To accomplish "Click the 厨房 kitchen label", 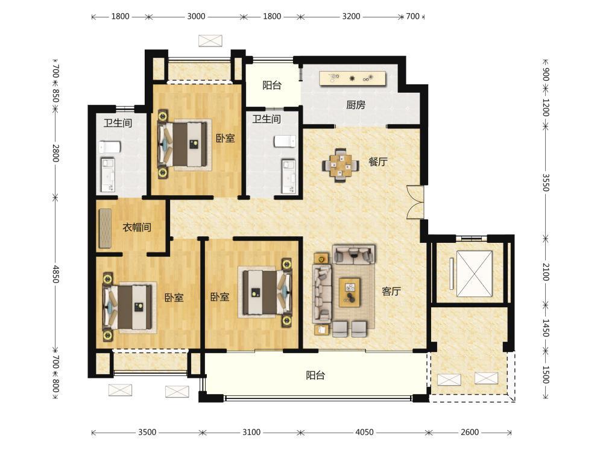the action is click(x=355, y=104).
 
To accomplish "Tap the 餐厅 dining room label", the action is click(x=378, y=162).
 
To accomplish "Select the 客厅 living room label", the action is click(x=391, y=291).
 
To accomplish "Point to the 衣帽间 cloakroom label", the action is click(x=136, y=227).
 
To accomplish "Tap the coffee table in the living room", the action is click(x=350, y=292).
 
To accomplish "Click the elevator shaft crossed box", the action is click(x=474, y=274).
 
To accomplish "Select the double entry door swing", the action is click(x=415, y=202).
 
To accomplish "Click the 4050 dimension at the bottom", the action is click(x=364, y=432).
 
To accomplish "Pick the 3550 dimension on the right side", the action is click(x=546, y=182).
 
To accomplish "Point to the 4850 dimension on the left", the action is click(x=55, y=274).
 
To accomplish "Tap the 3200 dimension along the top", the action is click(x=351, y=16).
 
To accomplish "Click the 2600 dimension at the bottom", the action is click(x=470, y=432).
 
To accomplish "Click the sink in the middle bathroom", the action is click(x=289, y=177).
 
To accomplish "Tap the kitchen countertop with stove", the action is click(x=352, y=78).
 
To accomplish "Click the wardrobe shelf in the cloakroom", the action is click(x=105, y=228).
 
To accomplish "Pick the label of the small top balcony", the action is click(x=272, y=85).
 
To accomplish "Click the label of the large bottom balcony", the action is click(x=315, y=375).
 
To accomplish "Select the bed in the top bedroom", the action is click(x=185, y=144).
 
